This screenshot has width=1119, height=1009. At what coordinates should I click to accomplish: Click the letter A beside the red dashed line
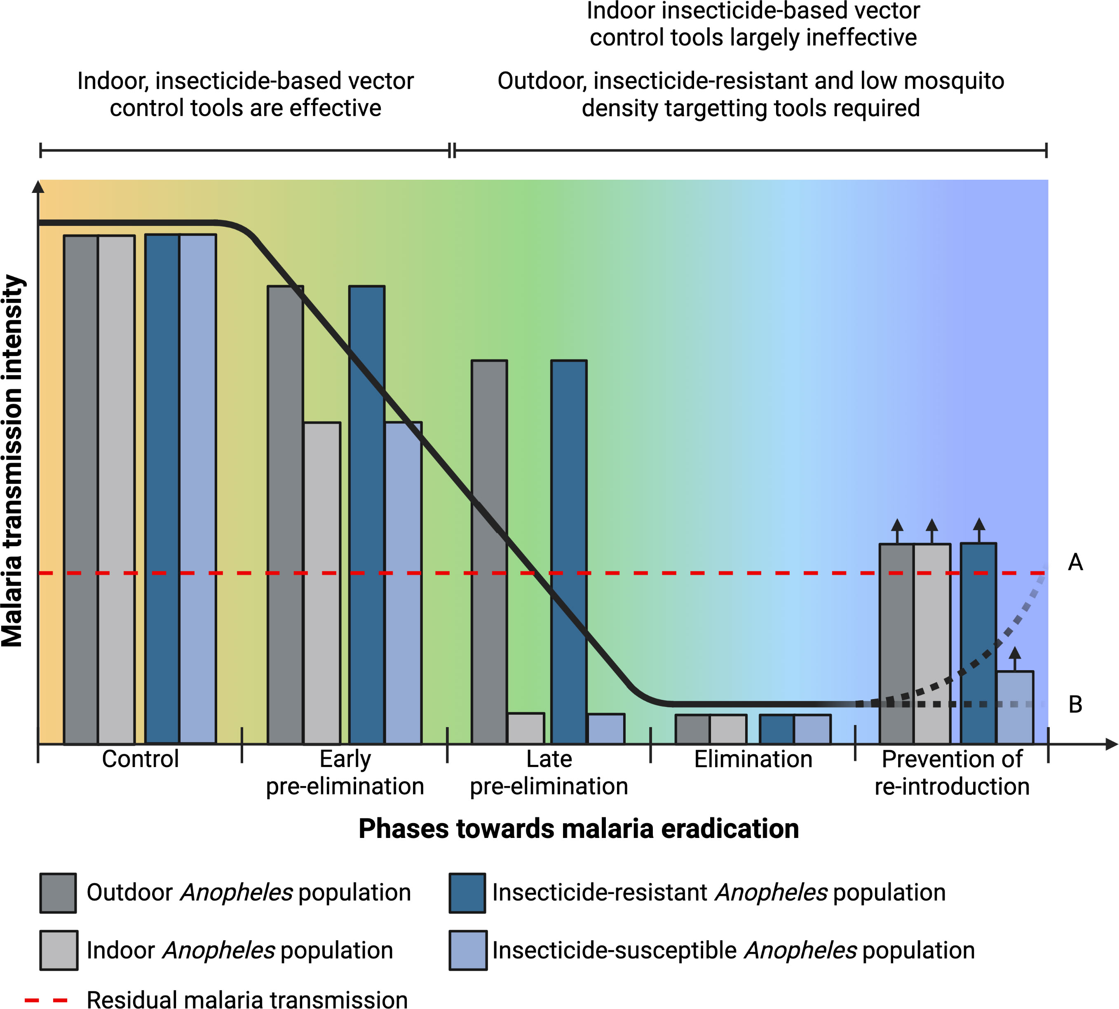pos(1075,562)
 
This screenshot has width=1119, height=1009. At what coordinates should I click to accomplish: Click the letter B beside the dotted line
pos(1075,705)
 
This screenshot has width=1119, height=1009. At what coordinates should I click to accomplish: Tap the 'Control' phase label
pos(140,759)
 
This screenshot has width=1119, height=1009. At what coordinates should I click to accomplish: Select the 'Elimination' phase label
pos(753,759)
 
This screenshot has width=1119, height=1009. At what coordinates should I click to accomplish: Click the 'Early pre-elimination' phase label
pos(345,772)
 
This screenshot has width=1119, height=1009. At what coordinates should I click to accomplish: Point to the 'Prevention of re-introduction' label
pos(952,772)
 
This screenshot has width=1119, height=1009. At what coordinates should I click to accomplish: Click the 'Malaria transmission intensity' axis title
pos(12,460)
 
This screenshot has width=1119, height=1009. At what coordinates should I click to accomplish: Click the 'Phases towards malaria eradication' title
pos(578,829)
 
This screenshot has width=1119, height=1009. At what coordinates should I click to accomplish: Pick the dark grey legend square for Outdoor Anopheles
pos(58,893)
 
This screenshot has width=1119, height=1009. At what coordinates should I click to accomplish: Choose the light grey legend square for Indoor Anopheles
pos(58,950)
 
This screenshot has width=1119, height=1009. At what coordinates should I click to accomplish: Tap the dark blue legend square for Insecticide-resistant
pos(467,893)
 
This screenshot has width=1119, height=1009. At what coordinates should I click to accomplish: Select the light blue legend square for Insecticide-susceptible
pos(467,950)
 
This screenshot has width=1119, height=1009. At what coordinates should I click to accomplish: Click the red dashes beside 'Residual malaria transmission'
pos(47,1000)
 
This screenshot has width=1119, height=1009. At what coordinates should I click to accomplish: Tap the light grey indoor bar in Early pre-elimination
pos(322,582)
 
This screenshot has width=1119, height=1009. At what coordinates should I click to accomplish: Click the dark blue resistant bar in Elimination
pos(776,729)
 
